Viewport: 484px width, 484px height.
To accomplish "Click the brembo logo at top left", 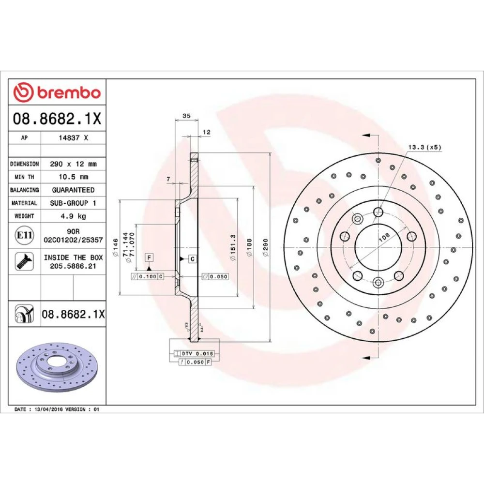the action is [x=57, y=92].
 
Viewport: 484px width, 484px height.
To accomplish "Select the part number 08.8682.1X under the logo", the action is [x=57, y=119].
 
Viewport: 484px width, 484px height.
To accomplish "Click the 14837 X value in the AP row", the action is [x=74, y=137].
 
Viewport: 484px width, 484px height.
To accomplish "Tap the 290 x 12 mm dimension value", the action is [x=74, y=164].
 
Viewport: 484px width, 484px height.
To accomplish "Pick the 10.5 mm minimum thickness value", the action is [x=74, y=177].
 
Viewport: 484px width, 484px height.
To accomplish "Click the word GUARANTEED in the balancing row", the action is [x=74, y=190].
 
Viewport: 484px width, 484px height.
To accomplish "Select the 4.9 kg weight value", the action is [x=74, y=216].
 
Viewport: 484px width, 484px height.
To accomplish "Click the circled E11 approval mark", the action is [x=24, y=235].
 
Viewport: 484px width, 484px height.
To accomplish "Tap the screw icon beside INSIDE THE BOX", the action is [x=24, y=261].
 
